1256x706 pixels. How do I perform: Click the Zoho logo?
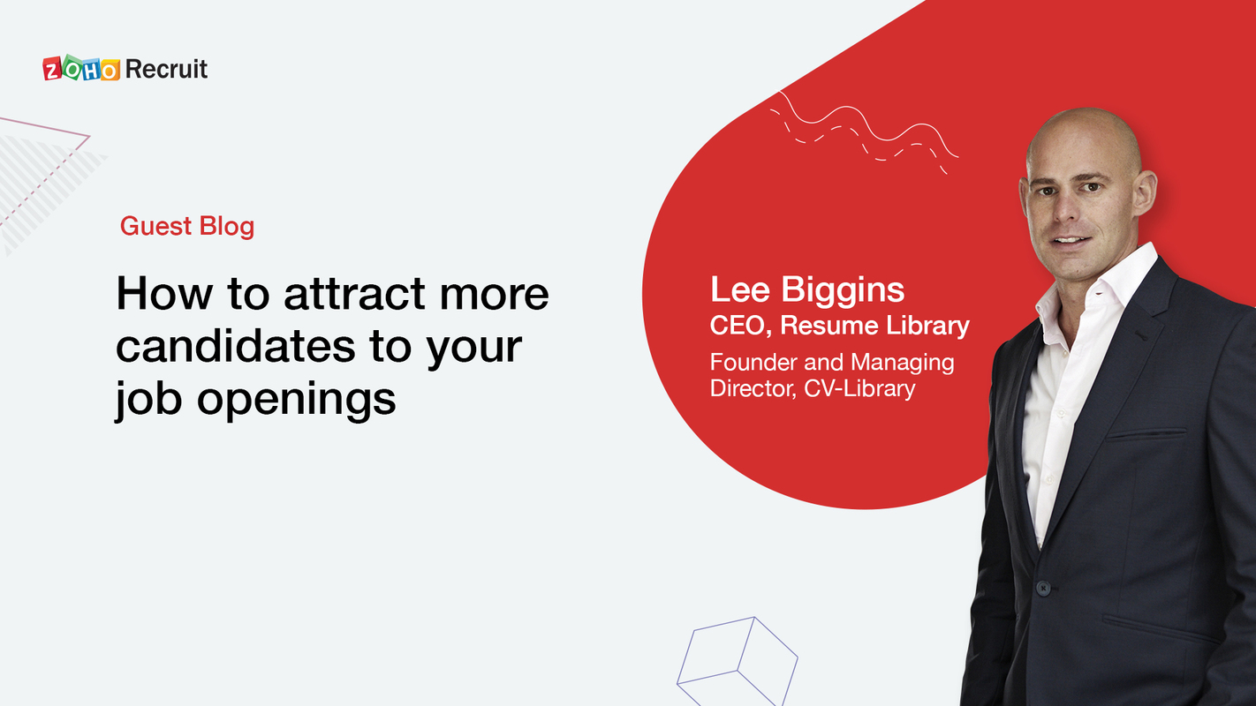click(81, 69)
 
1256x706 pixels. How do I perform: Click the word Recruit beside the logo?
click(166, 69)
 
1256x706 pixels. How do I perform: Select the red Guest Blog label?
click(187, 226)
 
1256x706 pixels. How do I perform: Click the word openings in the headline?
click(296, 399)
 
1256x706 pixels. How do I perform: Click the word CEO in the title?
click(739, 326)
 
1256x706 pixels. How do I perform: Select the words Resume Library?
click(874, 326)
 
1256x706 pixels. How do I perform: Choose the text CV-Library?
click(859, 388)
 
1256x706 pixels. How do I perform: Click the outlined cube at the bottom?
click(737, 657)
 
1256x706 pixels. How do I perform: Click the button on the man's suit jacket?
click(1042, 587)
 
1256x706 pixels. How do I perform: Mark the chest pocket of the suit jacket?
click(1146, 434)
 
